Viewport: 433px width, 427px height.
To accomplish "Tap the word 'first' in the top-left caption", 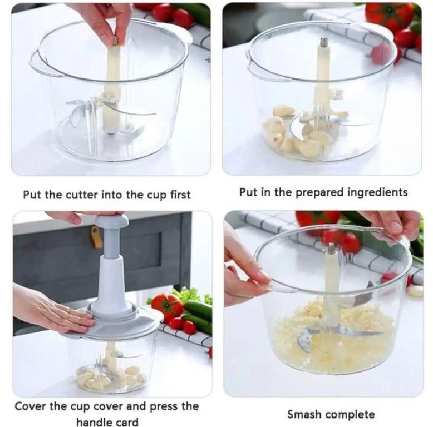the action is coord(180,195).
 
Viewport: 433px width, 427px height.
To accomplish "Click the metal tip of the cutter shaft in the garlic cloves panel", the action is coord(323,42).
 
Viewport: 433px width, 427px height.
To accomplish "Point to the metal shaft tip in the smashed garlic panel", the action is coord(331,249).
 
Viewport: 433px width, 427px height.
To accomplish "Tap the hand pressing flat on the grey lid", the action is coord(52,313).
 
